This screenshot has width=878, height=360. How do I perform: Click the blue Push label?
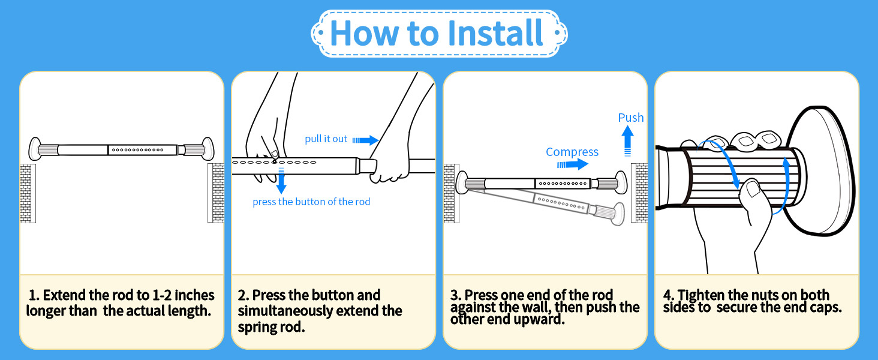(631, 118)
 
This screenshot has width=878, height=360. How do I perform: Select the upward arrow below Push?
(627, 142)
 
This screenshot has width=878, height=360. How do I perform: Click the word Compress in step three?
(572, 152)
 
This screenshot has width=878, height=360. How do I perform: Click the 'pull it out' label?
(326, 139)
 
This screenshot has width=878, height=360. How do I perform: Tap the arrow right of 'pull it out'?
(365, 140)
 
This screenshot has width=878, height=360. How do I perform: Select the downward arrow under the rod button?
(281, 180)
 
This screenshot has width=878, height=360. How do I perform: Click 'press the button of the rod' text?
(311, 202)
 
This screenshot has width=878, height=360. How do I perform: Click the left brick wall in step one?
(28, 193)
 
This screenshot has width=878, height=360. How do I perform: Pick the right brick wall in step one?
(216, 193)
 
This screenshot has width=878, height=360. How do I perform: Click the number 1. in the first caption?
(34, 295)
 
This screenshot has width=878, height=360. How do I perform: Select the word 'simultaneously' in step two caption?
(285, 311)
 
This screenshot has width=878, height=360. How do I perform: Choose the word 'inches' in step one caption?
(194, 295)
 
